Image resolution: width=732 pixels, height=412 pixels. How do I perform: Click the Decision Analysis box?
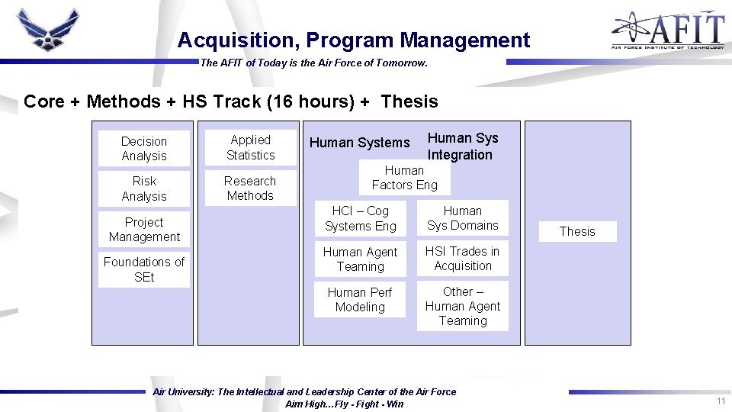point(144,149)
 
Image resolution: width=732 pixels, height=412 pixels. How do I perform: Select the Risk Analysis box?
point(144,188)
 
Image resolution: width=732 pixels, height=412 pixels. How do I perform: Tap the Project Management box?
point(144,230)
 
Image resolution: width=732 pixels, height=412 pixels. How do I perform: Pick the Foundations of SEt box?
point(144,269)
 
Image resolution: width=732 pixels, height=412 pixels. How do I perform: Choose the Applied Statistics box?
point(250,147)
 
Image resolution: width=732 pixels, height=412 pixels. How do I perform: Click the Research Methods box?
point(250,188)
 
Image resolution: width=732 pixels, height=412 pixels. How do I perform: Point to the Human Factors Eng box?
point(405,178)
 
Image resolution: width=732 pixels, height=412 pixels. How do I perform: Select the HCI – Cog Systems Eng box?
point(360,218)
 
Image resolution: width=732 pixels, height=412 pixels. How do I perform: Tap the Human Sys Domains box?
point(462,218)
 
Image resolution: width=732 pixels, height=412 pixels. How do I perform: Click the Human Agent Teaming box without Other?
point(360,259)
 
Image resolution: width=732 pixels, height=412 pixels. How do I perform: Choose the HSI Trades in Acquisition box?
point(462,259)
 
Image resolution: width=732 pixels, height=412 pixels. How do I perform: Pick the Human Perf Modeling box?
point(360,300)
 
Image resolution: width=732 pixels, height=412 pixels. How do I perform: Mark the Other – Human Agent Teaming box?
point(462,306)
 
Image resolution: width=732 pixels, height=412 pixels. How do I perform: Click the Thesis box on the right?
point(577,231)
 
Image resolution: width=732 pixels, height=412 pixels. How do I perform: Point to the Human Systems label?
point(359,143)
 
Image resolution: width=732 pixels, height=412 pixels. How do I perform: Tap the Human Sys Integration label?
point(462,146)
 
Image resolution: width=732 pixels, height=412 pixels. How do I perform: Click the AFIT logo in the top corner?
point(667,31)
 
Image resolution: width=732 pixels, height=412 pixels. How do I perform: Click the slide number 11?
point(720,401)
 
